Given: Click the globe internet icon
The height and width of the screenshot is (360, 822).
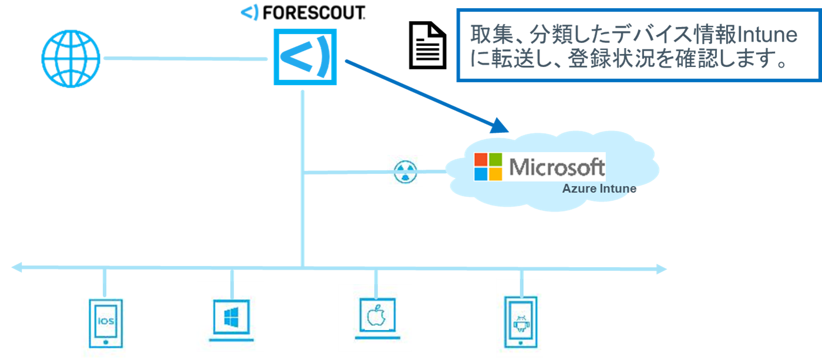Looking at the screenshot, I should pyautogui.click(x=70, y=59).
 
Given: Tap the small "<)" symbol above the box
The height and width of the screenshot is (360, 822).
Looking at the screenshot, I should pyautogui.click(x=251, y=12).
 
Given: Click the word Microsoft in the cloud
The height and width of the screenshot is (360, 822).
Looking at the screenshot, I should pyautogui.click(x=557, y=167).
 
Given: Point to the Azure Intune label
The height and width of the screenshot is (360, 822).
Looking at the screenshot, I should pyautogui.click(x=599, y=189).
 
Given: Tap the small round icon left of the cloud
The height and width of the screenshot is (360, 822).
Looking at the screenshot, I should pyautogui.click(x=405, y=171).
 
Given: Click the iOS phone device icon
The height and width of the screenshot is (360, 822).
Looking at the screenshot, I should pyautogui.click(x=106, y=322).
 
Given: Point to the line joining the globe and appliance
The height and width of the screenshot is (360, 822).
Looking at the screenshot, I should pyautogui.click(x=185, y=58).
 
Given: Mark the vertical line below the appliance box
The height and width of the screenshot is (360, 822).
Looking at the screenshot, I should pyautogui.click(x=303, y=176).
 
